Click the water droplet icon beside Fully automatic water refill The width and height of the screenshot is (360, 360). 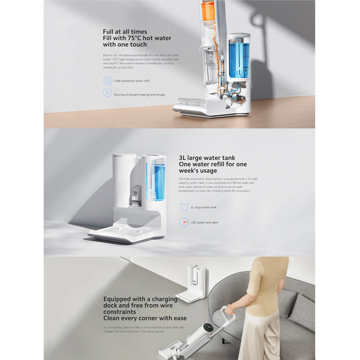click(x=108, y=81)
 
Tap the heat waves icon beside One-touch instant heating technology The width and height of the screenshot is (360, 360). click(x=108, y=93)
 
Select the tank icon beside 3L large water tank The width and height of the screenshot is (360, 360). click(x=184, y=207)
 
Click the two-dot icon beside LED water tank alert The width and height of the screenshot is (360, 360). click(x=184, y=222)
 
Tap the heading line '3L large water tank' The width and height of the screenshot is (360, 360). click(x=207, y=158)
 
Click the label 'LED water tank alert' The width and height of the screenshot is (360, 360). click(x=204, y=222)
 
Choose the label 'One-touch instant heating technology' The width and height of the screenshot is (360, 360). click(x=139, y=95)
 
